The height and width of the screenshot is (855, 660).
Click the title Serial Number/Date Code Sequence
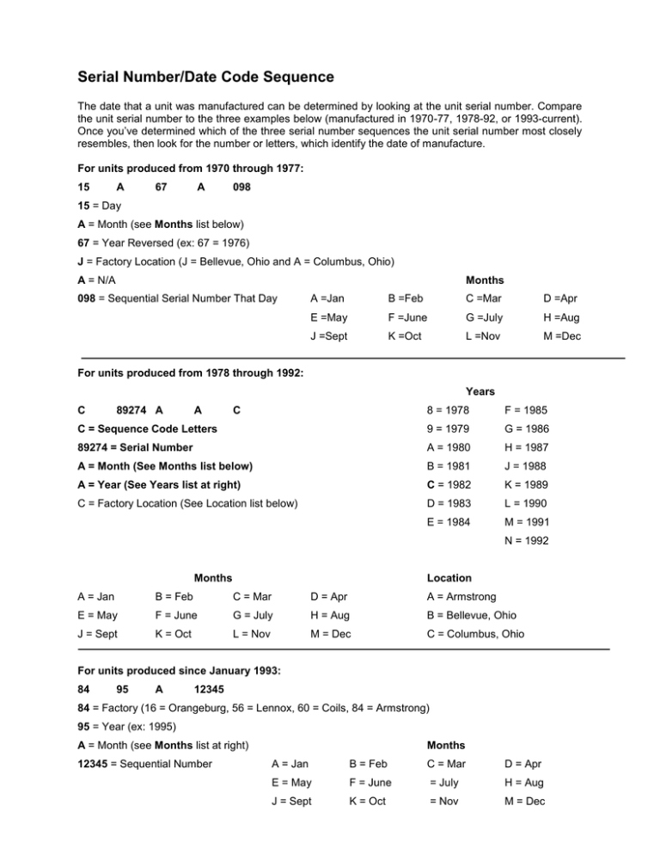(x=202, y=77)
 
